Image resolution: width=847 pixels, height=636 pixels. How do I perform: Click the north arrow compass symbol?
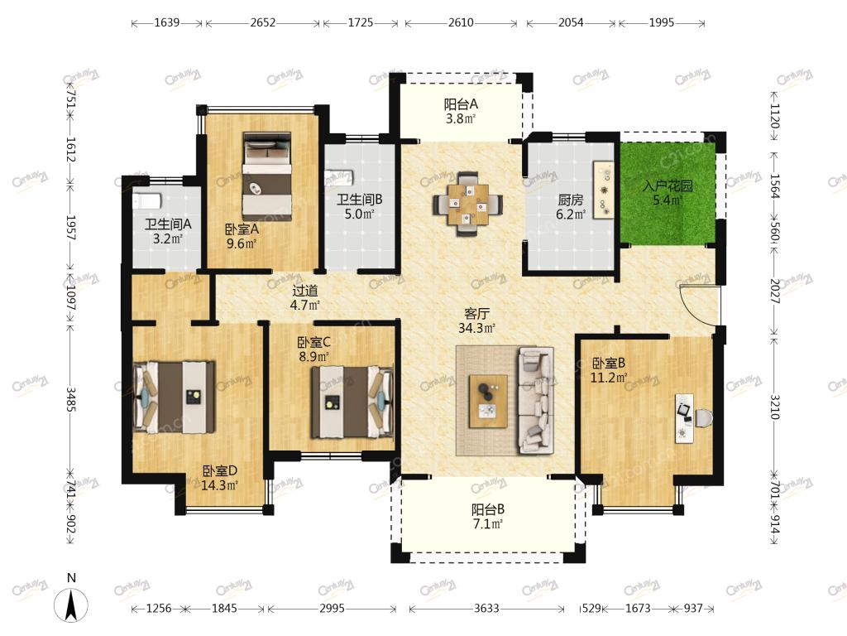(x=71, y=605)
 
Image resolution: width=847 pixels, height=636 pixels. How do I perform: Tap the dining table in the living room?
(x=468, y=204)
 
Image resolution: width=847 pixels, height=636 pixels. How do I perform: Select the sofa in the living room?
(x=536, y=400)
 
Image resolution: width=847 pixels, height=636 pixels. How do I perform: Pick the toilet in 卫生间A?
(x=147, y=201)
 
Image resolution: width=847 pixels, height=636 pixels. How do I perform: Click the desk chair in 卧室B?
(x=703, y=418)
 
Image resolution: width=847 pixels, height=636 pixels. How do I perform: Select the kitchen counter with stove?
(x=603, y=190)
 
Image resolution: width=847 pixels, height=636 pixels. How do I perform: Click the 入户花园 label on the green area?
(x=668, y=186)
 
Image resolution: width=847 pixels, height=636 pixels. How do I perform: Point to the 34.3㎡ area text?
(x=476, y=328)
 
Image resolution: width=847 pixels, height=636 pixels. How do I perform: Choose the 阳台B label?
(x=488, y=509)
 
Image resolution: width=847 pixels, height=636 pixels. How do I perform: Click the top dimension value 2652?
(x=262, y=22)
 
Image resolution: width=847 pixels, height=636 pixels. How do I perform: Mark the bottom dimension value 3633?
(x=486, y=609)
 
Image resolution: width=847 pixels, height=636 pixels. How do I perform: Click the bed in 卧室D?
(x=174, y=397)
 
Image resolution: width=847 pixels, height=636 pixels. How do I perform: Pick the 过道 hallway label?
(x=305, y=291)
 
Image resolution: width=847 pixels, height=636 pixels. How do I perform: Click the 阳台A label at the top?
(x=461, y=104)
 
